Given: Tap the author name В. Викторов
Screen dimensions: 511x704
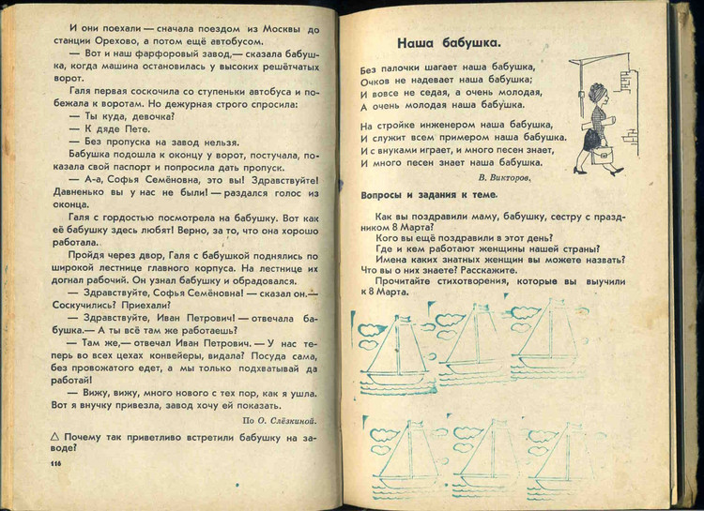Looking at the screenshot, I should tap(504, 175).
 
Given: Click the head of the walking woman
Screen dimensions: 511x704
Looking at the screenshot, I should tap(598, 95).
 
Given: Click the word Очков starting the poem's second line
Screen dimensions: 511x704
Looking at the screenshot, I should tap(375, 81).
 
